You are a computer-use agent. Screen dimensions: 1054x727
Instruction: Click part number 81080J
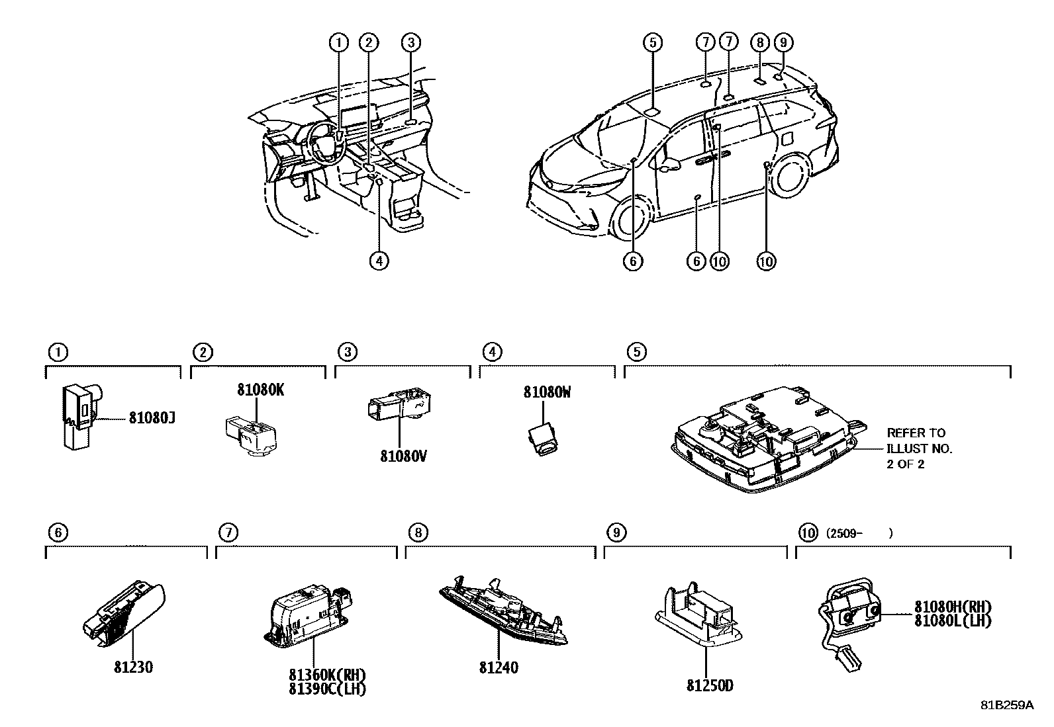point(152,417)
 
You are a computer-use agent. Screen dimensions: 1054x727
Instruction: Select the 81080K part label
point(261,390)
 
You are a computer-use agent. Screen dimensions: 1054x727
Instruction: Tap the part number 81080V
point(404,456)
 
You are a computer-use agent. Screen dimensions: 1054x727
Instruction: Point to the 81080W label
point(548,392)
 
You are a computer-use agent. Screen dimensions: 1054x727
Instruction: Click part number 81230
point(133,667)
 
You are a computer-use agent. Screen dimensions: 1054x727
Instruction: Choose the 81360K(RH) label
point(328,675)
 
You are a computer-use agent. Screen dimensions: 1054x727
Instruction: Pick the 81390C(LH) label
point(328,689)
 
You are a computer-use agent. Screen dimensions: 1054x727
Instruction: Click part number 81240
point(499,667)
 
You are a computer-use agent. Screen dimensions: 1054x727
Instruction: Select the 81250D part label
point(710,685)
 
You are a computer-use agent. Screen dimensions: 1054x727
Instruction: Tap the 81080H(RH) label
point(953,607)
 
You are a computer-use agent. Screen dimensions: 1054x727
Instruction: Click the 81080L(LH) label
point(953,620)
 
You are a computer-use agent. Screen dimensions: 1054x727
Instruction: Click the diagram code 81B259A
point(1007,718)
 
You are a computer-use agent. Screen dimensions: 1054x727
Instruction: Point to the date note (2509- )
point(859,533)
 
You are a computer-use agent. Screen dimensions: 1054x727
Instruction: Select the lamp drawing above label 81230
point(124,614)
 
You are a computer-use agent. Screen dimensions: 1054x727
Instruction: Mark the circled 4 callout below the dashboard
point(379,261)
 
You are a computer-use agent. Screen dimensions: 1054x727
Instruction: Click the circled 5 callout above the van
point(653,43)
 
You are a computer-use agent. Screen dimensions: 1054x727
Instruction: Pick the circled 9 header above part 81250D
point(616,533)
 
